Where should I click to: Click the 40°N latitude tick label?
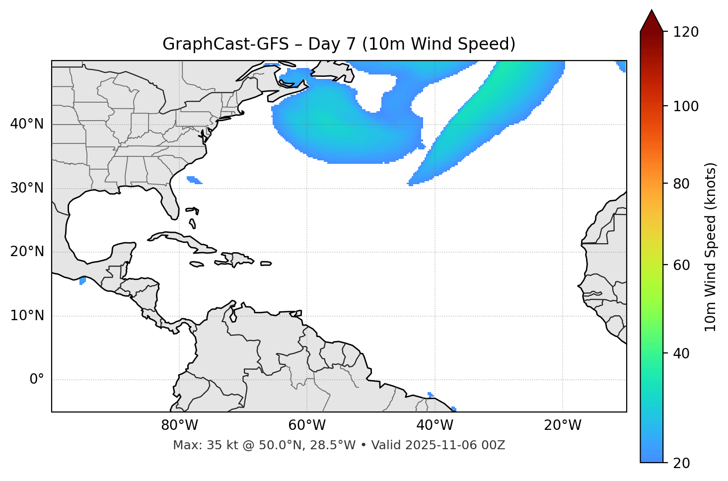(x=27, y=124)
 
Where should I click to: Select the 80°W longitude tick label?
(x=179, y=425)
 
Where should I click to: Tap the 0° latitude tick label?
(x=37, y=380)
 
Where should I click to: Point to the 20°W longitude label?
(x=563, y=425)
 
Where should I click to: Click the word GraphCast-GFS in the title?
(x=225, y=44)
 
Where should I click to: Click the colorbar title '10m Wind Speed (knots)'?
(x=711, y=247)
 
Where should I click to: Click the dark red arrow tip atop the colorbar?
(x=651, y=20)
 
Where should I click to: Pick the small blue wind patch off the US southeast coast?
(x=194, y=180)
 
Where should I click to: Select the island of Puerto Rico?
(x=266, y=264)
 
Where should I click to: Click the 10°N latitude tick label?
(x=27, y=316)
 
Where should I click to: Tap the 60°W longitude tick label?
(x=307, y=425)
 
